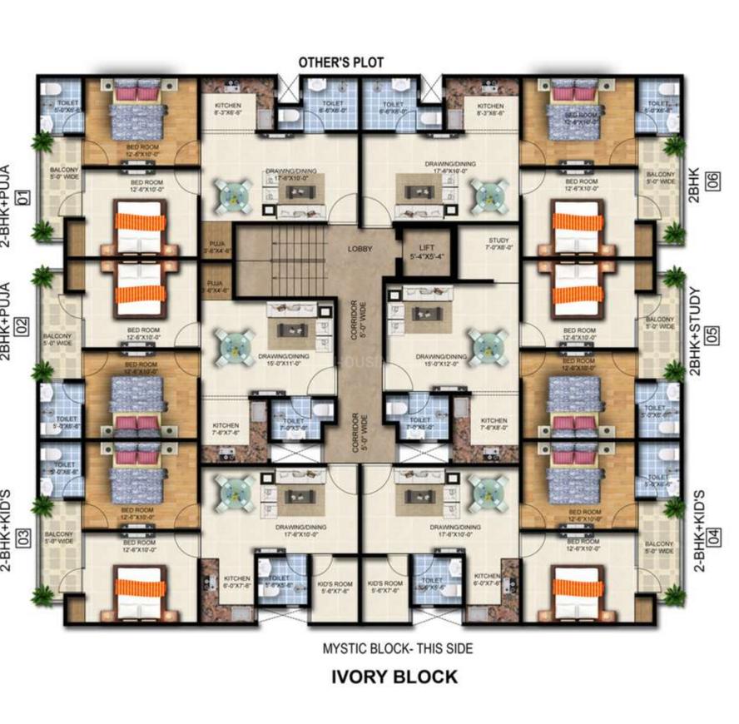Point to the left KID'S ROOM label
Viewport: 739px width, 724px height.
click(x=336, y=587)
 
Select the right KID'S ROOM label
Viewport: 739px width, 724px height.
click(x=384, y=587)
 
